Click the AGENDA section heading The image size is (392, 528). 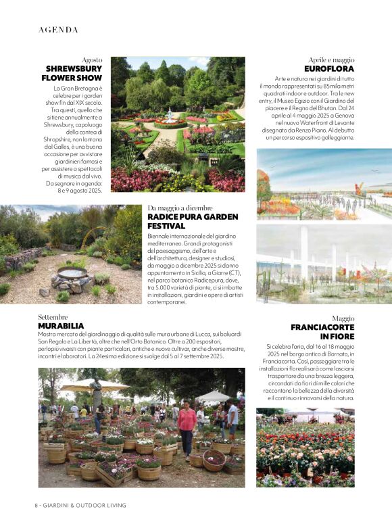tap(59, 30)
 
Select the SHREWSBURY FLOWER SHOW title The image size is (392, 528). tap(74, 73)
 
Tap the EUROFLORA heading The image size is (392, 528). tap(329, 69)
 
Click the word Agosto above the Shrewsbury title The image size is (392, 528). tap(92, 60)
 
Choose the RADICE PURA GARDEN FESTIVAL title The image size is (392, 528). tap(193, 221)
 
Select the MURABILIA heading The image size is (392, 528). tap(61, 326)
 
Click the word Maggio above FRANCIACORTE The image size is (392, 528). tap(343, 318)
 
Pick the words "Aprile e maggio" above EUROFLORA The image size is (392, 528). tap(331, 60)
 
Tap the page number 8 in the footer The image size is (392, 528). tap(37, 505)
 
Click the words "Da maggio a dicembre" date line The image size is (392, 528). tap(180, 208)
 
